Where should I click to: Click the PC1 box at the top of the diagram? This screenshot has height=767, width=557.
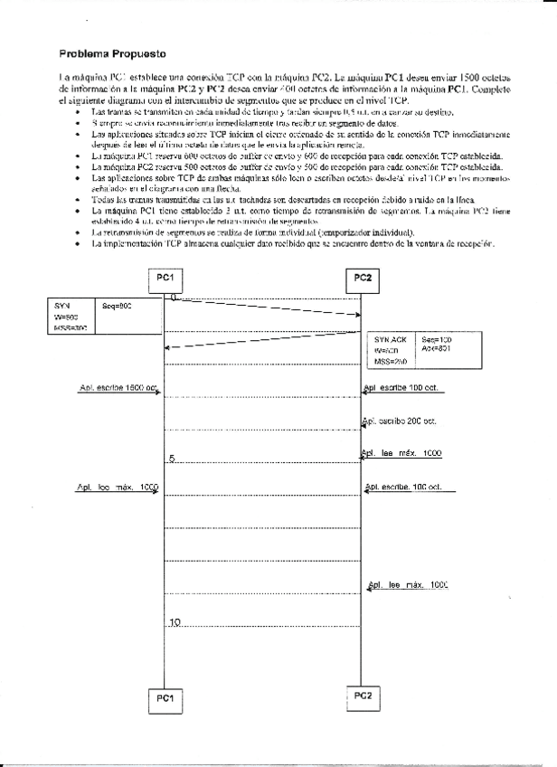tap(165, 276)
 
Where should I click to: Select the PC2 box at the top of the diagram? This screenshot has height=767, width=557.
tap(363, 277)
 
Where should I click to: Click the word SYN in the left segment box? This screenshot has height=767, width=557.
tap(61, 307)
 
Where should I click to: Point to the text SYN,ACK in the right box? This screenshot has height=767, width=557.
tap(391, 339)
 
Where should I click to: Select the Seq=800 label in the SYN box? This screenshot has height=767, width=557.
tap(118, 307)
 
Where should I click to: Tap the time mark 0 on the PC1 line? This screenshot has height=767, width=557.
tap(172, 296)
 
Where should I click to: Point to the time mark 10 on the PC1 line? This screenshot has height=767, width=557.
tap(175, 621)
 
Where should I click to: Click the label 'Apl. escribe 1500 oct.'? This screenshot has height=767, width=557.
tap(118, 388)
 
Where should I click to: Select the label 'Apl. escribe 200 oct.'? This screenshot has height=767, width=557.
tap(400, 421)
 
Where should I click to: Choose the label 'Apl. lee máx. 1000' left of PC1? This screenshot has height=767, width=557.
tap(118, 488)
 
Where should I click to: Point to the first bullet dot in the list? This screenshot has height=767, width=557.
tap(79, 110)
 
